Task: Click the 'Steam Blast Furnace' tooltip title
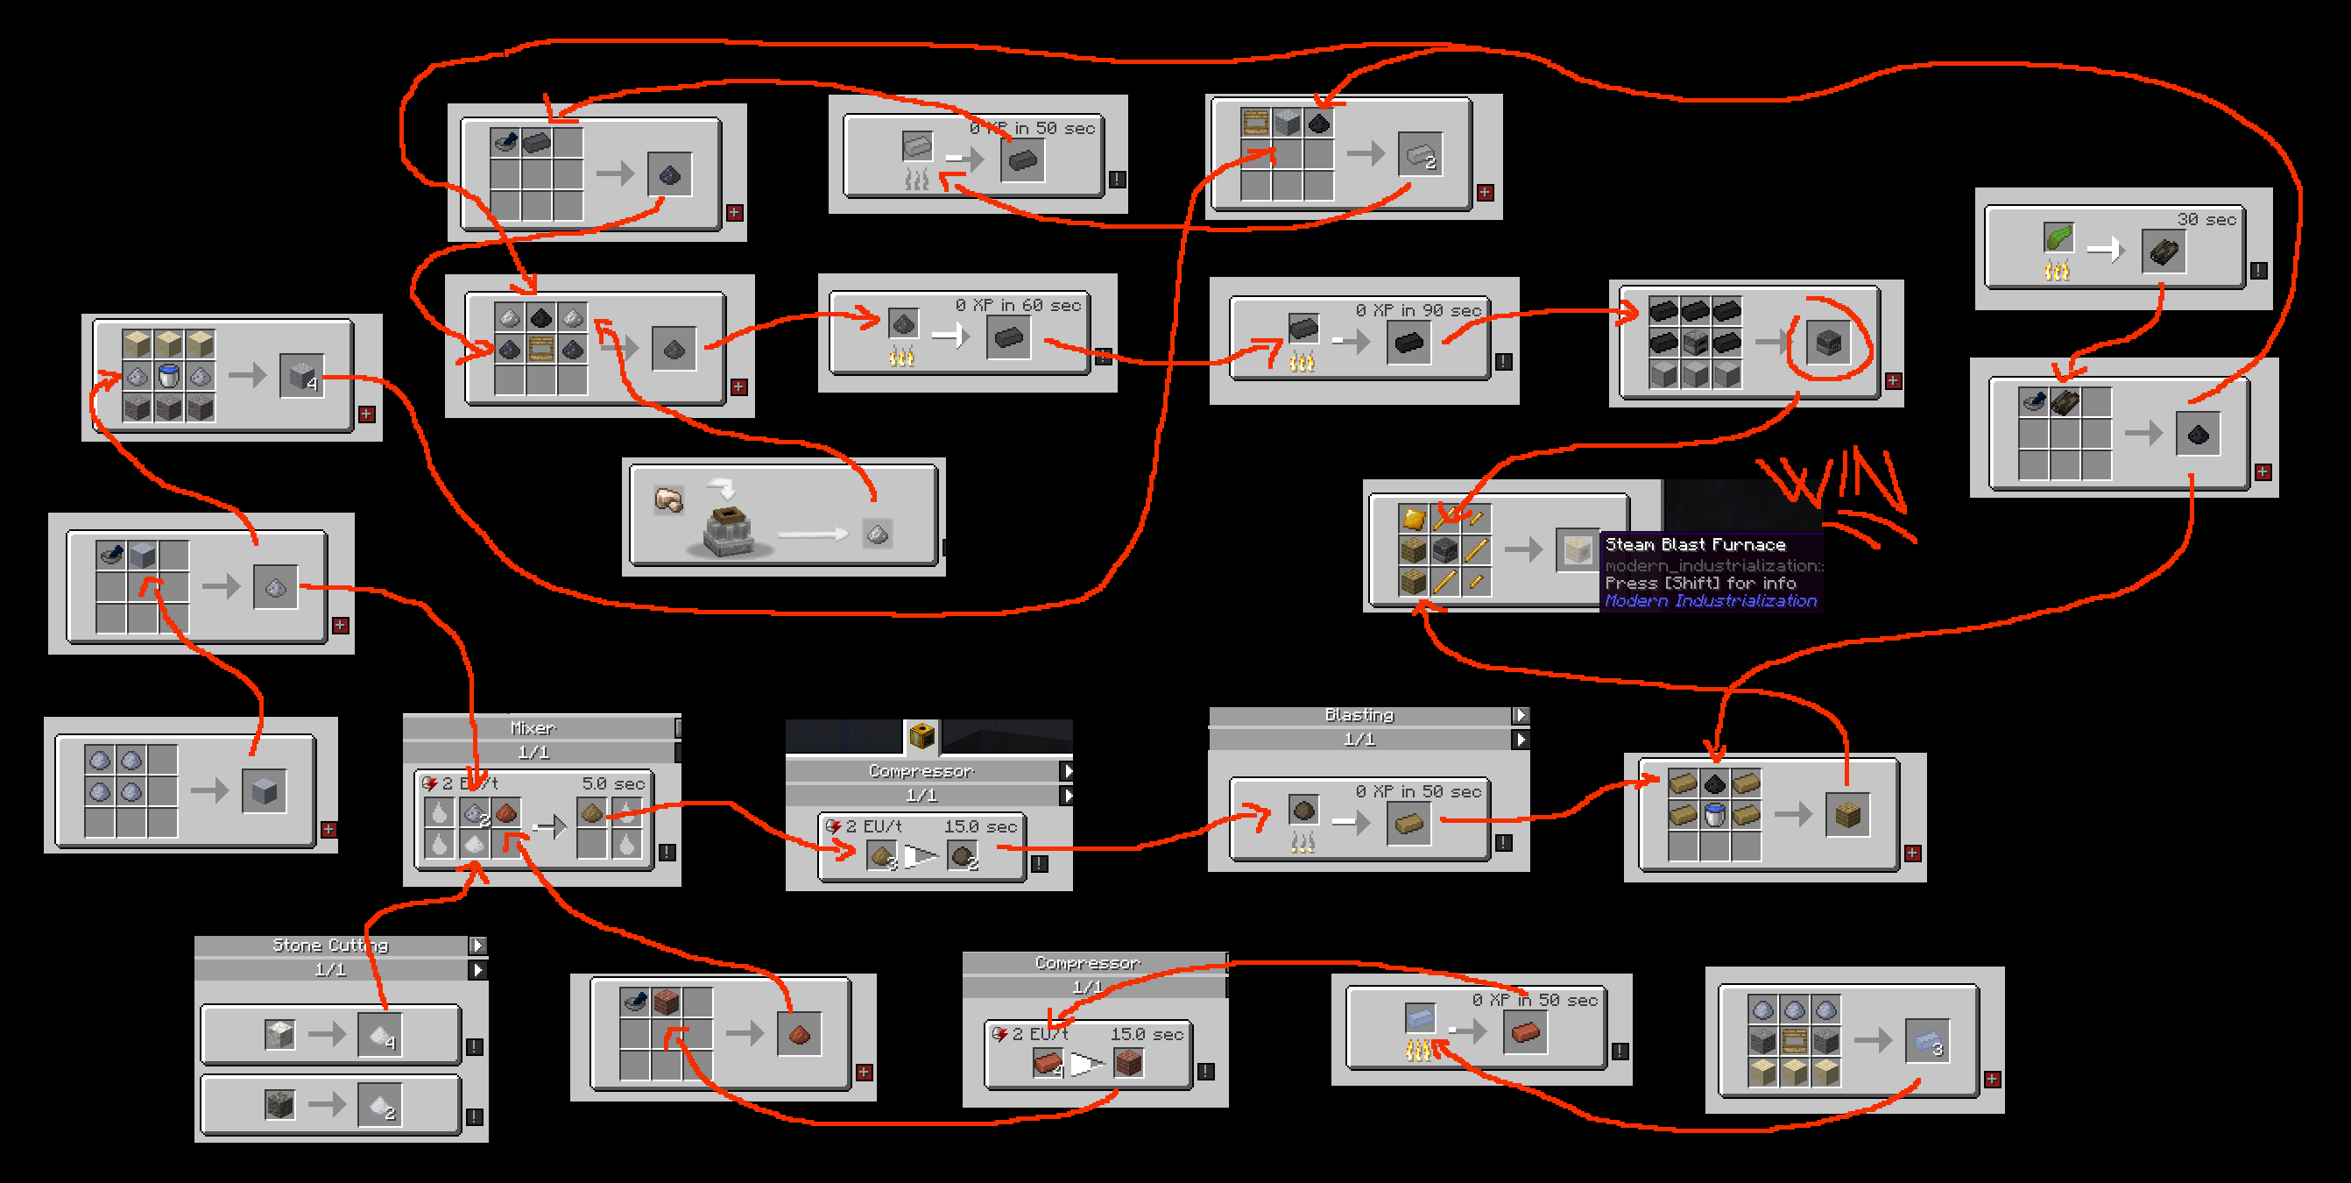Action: (x=1695, y=545)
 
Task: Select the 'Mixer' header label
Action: (x=532, y=728)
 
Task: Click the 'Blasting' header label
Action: (x=1359, y=716)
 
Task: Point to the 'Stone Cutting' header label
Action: (x=330, y=946)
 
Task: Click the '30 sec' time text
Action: (x=2206, y=220)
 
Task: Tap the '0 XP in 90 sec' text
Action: (x=1417, y=310)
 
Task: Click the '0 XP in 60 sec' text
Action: (x=1018, y=306)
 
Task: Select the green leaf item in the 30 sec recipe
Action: (x=2058, y=238)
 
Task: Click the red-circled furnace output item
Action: (x=1828, y=344)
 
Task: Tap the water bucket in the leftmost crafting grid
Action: (x=169, y=375)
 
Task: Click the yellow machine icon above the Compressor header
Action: (x=921, y=735)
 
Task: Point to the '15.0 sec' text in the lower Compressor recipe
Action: (x=1147, y=1034)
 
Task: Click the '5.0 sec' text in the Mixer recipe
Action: (x=613, y=784)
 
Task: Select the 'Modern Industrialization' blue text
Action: (x=1711, y=600)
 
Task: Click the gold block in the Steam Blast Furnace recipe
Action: (x=1413, y=520)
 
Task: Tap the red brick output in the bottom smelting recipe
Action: (x=1525, y=1032)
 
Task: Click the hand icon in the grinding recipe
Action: (x=669, y=499)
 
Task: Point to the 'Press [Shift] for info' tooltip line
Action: (x=1700, y=583)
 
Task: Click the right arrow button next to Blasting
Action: (x=1520, y=716)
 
